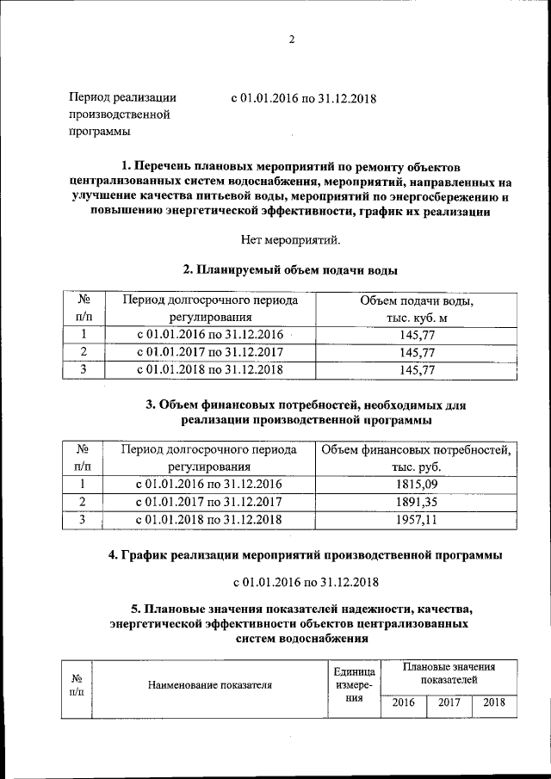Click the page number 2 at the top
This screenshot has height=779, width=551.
point(291,40)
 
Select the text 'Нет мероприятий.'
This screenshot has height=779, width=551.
point(290,238)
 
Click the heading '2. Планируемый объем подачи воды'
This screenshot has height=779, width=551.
point(290,269)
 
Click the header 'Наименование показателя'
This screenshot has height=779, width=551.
point(210,686)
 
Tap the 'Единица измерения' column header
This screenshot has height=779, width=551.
point(354,685)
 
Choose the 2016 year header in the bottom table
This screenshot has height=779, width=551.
point(403,702)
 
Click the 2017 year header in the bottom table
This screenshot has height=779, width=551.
point(449,702)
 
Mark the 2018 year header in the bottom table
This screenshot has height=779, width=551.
point(494,702)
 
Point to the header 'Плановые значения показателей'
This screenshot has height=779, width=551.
point(449,673)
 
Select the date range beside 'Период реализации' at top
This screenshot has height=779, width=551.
point(303,97)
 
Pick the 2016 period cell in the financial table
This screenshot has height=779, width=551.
point(209,484)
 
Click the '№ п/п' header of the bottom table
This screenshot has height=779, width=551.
point(77,685)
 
